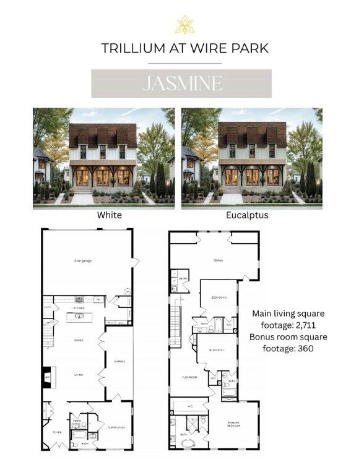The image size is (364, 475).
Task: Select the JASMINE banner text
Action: coord(181,83)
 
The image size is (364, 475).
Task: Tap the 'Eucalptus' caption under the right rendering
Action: coord(252,215)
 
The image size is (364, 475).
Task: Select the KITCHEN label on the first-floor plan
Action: coord(79,307)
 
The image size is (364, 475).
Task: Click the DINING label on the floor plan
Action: coord(79,340)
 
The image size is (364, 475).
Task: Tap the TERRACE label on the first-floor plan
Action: coord(119,362)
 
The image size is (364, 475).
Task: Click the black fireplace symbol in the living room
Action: coord(45,378)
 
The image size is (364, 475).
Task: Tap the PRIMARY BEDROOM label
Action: coord(233,424)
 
